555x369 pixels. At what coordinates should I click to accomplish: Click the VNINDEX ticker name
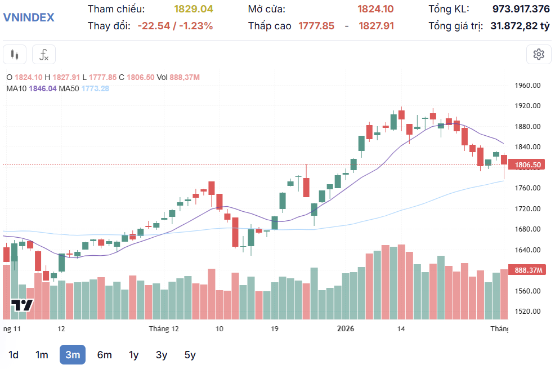click(29, 17)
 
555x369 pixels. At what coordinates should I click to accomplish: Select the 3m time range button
click(73, 355)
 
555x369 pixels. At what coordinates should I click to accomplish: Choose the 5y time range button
click(190, 355)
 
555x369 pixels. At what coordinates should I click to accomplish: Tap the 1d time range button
click(14, 355)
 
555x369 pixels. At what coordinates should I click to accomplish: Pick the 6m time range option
click(104, 355)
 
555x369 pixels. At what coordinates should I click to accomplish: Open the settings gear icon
click(539, 54)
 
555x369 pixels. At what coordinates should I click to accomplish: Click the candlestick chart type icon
click(15, 55)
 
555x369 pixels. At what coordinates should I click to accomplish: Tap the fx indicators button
click(44, 55)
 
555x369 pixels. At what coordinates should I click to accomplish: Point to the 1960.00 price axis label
click(528, 86)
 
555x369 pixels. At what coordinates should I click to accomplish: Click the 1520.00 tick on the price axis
click(528, 312)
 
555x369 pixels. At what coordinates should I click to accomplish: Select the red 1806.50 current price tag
click(527, 165)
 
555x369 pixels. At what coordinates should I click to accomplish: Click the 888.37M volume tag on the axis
click(528, 270)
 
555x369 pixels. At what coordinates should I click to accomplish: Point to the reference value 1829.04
click(194, 9)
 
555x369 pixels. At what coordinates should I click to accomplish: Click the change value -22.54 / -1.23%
click(175, 26)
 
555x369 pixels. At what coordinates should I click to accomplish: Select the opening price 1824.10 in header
click(375, 9)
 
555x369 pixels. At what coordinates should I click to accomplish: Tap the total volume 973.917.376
click(521, 9)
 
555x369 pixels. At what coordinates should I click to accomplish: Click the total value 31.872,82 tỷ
click(520, 26)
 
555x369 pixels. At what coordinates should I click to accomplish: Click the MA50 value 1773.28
click(95, 88)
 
